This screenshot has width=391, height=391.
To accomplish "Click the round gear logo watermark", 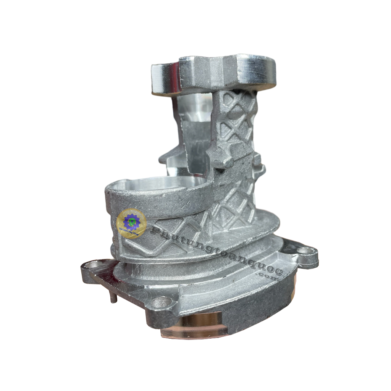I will [131, 223].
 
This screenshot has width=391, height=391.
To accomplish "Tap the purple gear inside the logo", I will [131, 221].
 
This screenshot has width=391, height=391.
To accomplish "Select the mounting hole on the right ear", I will [304, 251].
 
